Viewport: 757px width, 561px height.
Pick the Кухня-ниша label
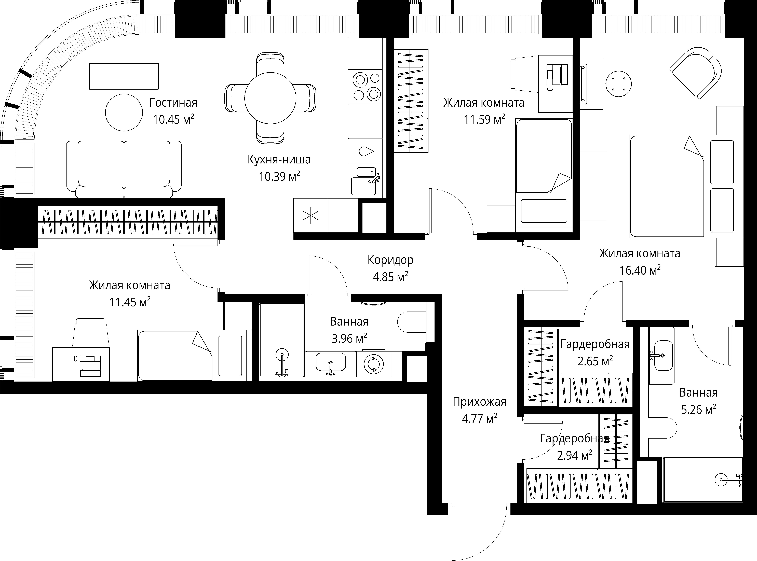coord(279,160)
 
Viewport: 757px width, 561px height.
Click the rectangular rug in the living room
coord(124,76)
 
